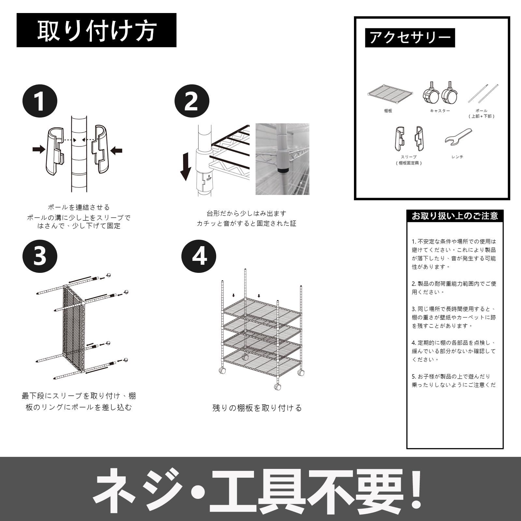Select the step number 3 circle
click(40, 255)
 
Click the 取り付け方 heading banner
click(96, 30)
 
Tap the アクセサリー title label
click(410, 38)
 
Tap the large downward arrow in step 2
click(186, 166)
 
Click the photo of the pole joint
click(282, 159)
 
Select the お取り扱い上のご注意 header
click(455, 216)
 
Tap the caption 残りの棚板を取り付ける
click(257, 408)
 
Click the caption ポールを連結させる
click(79, 207)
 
